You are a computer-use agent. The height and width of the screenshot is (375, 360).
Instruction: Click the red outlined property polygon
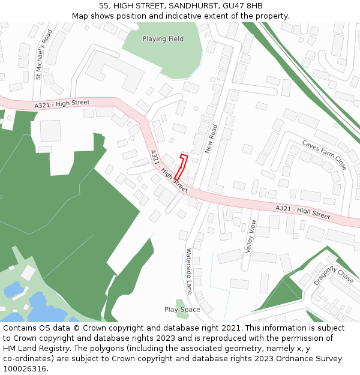[x=181, y=167]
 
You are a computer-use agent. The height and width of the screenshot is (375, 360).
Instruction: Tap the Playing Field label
[x=163, y=39]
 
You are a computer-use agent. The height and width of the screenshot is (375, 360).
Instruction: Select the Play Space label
[x=182, y=310]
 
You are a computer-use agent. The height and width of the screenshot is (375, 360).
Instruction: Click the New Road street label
[x=211, y=139]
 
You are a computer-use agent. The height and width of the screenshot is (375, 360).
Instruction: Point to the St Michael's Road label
[x=44, y=54]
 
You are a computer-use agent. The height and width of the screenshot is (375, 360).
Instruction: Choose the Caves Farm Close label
[x=325, y=155]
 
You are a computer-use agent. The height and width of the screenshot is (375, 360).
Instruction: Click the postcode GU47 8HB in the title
[x=246, y=6]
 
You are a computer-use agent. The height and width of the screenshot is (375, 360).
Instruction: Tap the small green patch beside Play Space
[x=179, y=302]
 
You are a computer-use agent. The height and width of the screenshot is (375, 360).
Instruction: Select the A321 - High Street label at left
[x=62, y=104]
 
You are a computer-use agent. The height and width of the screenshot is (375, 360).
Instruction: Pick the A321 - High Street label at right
[x=302, y=211]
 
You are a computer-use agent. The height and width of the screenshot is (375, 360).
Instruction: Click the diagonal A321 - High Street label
[x=169, y=171]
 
